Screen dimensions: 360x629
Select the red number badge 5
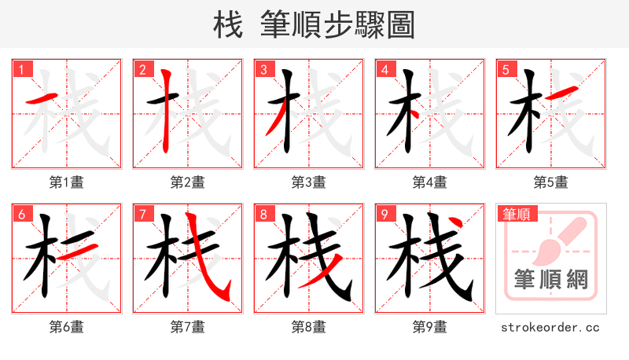[x=505, y=69]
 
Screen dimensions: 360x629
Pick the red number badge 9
[x=384, y=214]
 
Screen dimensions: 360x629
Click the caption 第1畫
[x=67, y=182]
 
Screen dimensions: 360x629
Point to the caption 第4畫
[x=430, y=182]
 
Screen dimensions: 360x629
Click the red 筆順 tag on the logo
[x=517, y=214]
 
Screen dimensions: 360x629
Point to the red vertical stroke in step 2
[x=167, y=110]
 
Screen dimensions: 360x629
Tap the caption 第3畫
[x=309, y=182]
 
